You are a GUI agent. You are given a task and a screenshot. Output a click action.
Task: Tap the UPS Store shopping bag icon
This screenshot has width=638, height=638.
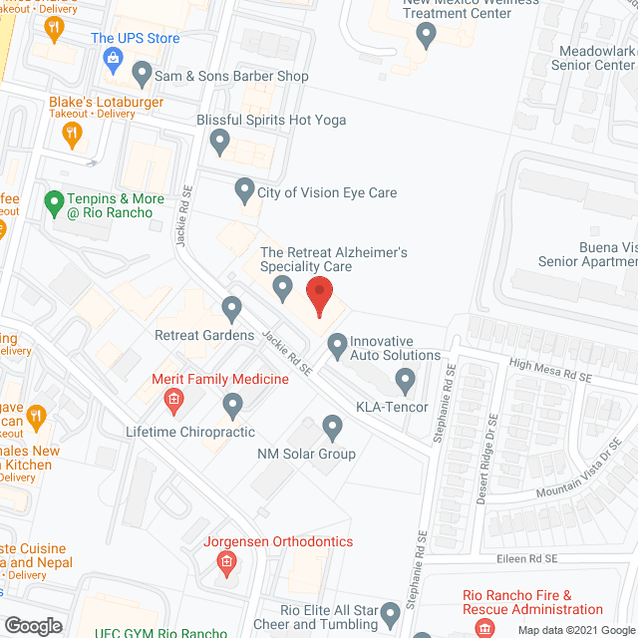click(114, 59)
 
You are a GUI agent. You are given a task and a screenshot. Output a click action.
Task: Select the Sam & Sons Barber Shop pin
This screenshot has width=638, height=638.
click(142, 74)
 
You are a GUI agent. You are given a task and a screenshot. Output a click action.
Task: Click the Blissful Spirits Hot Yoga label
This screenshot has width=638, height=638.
click(271, 120)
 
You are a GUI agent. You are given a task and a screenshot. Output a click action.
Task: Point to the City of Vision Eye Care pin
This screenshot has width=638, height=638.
click(244, 189)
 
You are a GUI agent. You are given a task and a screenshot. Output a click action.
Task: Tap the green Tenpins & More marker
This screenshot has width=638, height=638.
click(53, 203)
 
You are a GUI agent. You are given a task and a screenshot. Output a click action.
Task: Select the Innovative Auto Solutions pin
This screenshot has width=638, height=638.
click(337, 345)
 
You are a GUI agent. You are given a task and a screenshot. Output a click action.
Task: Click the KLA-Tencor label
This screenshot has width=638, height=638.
click(392, 408)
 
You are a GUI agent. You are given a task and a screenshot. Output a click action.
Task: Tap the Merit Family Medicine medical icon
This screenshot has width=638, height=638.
click(172, 401)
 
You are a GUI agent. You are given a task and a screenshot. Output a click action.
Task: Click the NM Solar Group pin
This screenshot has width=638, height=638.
click(333, 428)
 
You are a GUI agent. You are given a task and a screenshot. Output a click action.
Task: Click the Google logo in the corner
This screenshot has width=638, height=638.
click(33, 626)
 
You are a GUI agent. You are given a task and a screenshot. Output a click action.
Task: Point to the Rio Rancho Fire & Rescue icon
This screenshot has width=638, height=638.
click(484, 628)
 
